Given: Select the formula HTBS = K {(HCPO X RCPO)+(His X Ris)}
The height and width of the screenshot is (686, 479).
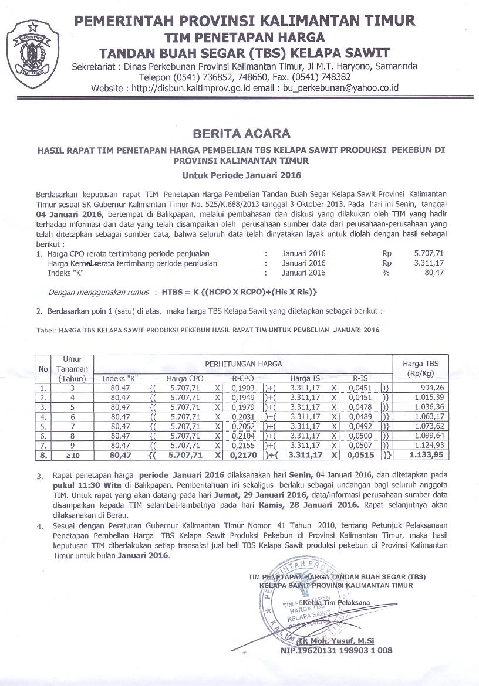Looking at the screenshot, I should click(x=235, y=291).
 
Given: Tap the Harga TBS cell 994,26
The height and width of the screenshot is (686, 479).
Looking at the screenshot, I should click(x=431, y=388).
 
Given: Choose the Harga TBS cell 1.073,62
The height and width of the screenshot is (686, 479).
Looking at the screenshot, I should click(x=428, y=426).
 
